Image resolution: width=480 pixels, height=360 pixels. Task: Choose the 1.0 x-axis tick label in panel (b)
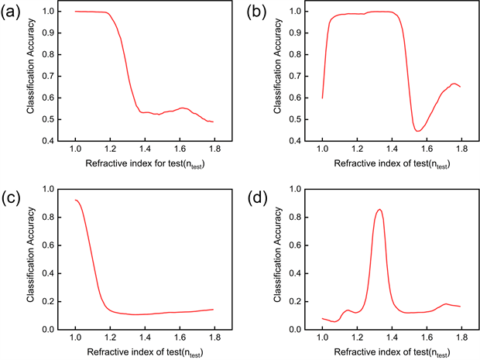pyautogui.click(x=322, y=148)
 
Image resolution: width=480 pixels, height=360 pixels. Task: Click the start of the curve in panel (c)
pyautogui.click(x=75, y=200)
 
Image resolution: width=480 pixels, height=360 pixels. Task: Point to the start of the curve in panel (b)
pyautogui.click(x=322, y=98)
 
